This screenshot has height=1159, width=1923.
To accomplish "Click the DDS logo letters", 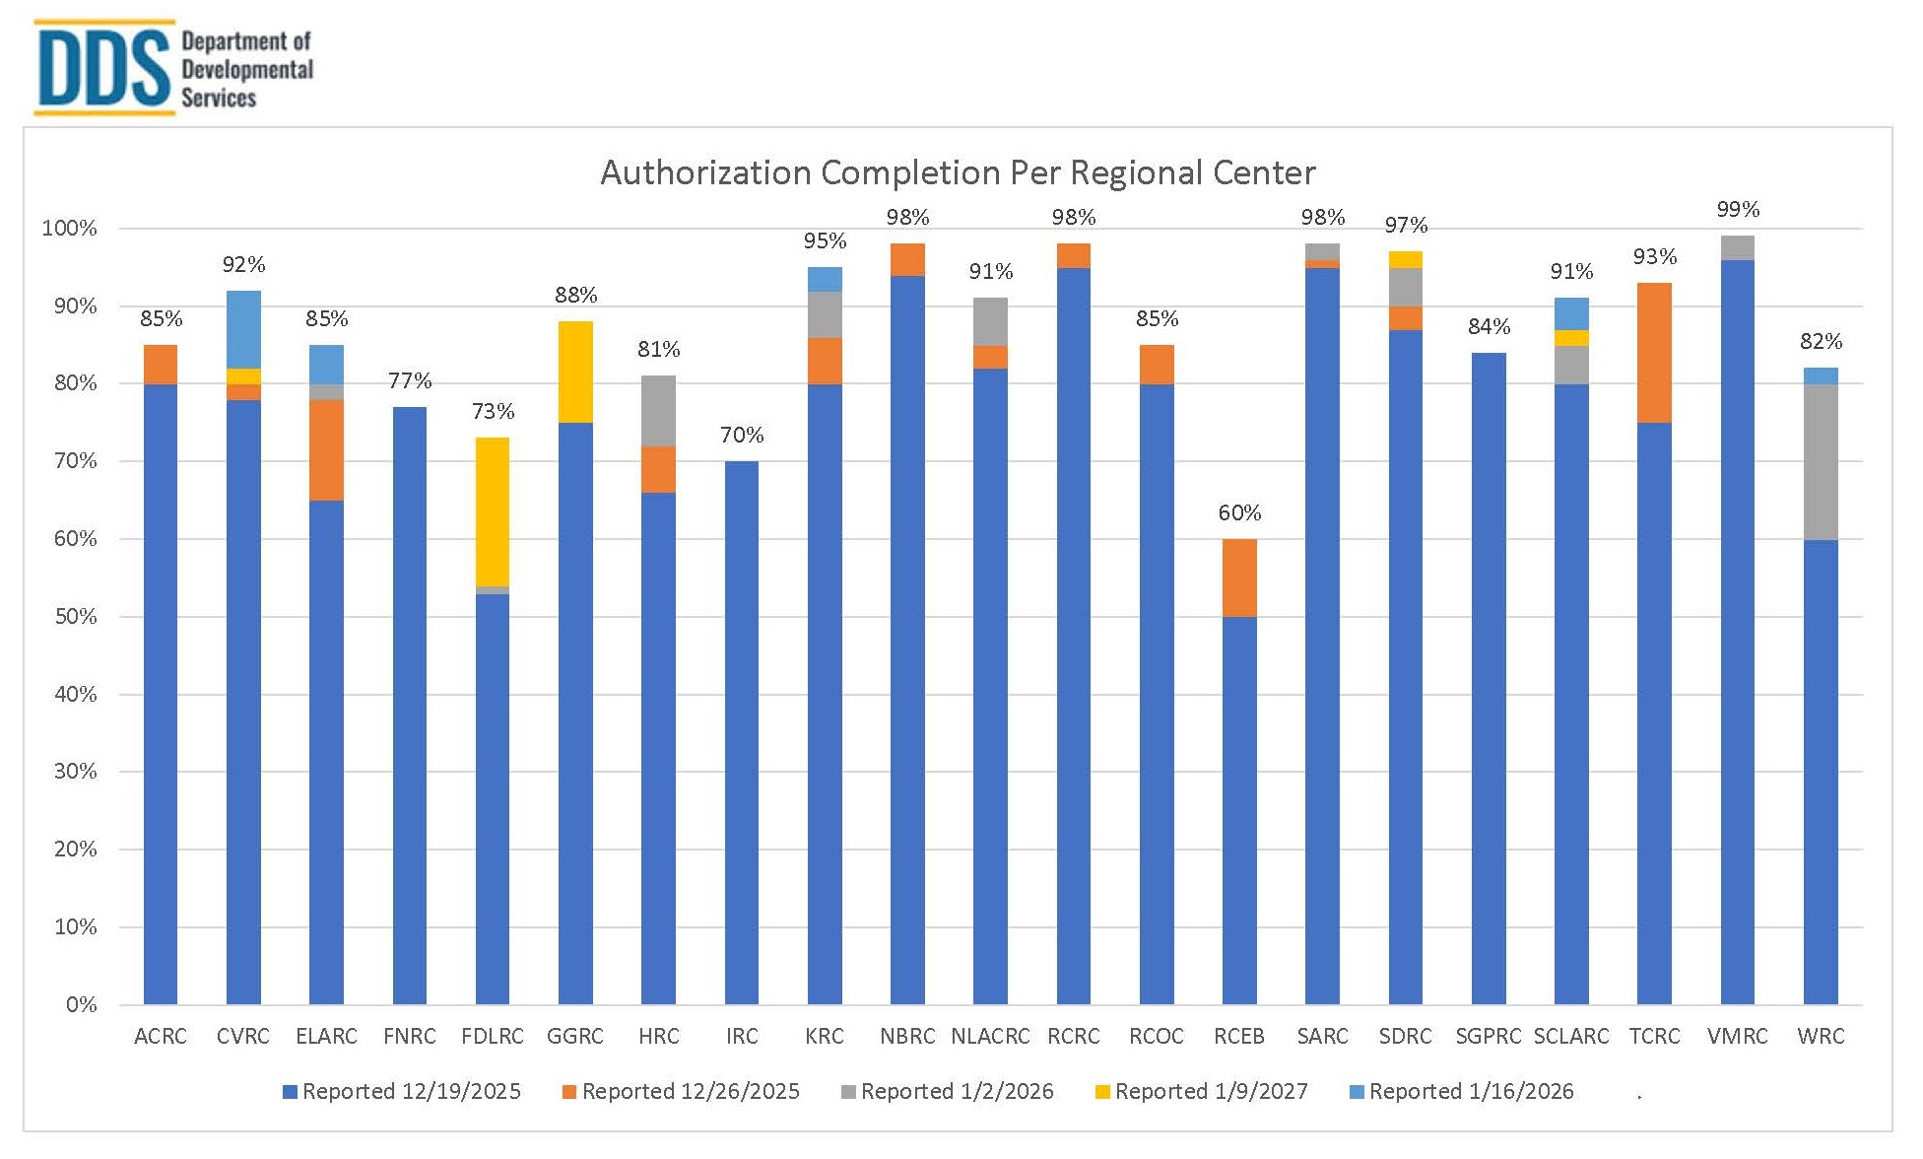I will click(x=102, y=67).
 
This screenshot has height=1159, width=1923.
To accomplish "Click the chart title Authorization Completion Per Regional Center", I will click(x=958, y=172).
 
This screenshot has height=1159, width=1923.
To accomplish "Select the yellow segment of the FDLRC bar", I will click(x=493, y=511).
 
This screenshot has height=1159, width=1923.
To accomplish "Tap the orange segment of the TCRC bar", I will click(x=1654, y=352).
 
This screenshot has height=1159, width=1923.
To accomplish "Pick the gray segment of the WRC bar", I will click(x=1820, y=461).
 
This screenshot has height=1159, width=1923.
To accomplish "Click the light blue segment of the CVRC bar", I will click(x=243, y=329).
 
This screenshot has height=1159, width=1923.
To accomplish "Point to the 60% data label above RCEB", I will click(x=1239, y=512).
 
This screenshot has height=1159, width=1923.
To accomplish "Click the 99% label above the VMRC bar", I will click(x=1737, y=209).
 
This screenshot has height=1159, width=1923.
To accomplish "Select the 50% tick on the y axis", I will click(x=76, y=617).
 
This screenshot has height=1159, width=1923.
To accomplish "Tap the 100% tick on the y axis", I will click(x=70, y=229).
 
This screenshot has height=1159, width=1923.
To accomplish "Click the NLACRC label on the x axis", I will click(x=990, y=1037).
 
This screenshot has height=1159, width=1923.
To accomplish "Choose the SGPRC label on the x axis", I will click(x=1488, y=1037).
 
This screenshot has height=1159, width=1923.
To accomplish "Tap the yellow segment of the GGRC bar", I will click(x=575, y=372).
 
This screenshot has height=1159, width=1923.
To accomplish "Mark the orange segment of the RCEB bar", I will click(x=1239, y=578).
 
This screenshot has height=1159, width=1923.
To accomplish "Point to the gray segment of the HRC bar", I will click(x=658, y=410).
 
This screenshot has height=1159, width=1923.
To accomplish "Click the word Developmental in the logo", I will click(x=247, y=69).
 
